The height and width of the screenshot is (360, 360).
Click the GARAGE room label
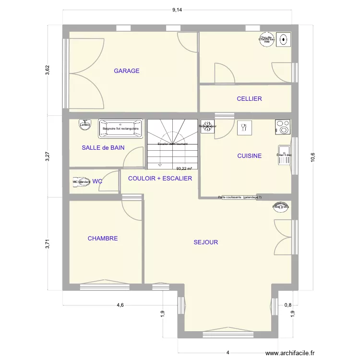click(x=127, y=71)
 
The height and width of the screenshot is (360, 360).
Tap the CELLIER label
click(x=249, y=99)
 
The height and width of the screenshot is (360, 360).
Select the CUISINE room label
click(x=249, y=156)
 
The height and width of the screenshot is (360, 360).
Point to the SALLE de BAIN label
click(x=103, y=148)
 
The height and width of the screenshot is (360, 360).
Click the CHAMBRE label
click(x=103, y=239)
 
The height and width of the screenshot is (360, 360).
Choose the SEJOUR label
click(x=205, y=242)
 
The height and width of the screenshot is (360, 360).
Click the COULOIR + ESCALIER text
click(x=160, y=179)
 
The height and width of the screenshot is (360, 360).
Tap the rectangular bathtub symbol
click(x=121, y=129)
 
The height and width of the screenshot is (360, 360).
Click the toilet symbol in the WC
click(x=81, y=182)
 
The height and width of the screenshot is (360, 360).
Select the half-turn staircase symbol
click(x=172, y=144)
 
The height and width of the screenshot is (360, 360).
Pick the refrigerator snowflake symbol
click(x=207, y=127)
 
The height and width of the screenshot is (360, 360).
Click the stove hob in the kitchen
click(x=283, y=127)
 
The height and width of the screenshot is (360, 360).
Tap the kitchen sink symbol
click(x=284, y=155)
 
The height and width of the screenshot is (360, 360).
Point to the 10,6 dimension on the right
click(x=312, y=157)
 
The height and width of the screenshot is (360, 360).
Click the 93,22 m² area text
click(x=184, y=168)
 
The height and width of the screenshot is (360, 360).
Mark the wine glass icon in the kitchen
click(x=243, y=127)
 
